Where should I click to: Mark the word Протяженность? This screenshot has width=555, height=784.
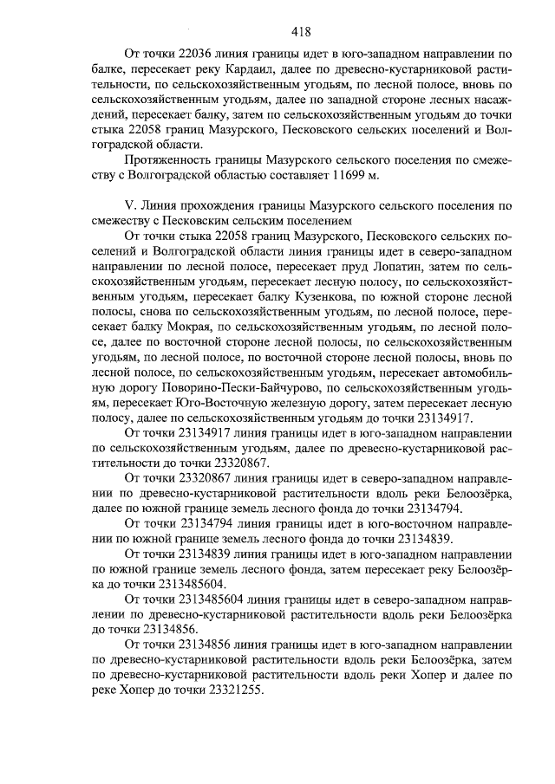(x=171, y=160)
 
